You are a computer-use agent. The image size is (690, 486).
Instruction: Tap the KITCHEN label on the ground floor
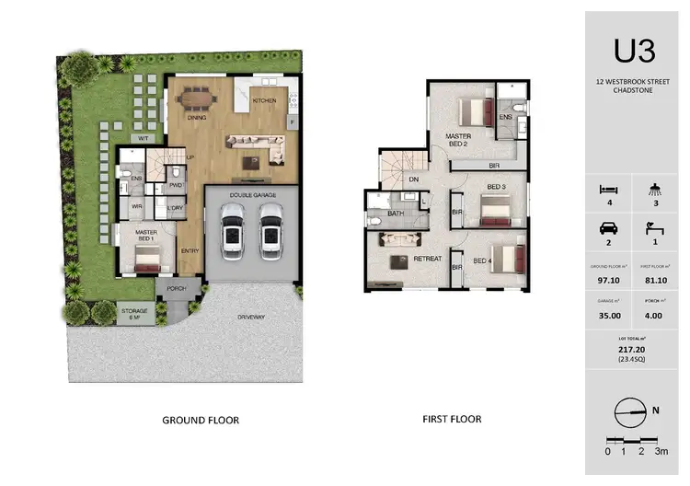264,100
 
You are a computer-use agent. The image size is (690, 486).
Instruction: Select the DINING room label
196,118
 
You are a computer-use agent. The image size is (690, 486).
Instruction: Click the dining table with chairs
197,96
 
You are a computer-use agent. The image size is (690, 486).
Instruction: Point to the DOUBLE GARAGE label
252,194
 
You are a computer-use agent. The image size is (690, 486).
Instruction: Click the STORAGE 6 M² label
134,313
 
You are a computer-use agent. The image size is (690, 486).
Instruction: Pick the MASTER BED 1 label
145,237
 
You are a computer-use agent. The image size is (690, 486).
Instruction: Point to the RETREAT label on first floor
428,259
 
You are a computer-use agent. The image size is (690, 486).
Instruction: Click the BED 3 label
497,187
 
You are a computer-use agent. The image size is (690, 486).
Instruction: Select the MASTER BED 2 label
459,140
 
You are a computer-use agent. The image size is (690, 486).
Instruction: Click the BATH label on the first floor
396,214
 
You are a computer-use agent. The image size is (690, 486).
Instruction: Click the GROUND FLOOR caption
201,420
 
